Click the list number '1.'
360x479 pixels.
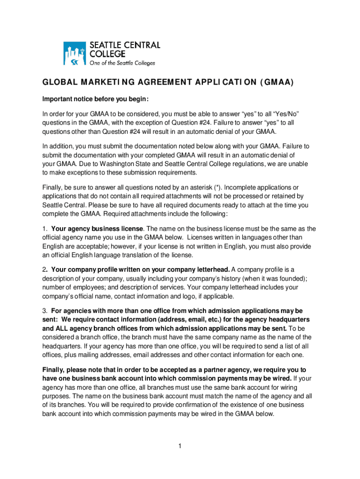click(x=45, y=229)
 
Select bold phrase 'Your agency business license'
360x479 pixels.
click(x=97, y=229)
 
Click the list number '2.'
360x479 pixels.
click(x=45, y=270)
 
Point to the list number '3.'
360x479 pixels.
click(x=45, y=311)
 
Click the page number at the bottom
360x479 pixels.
click(x=180, y=446)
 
